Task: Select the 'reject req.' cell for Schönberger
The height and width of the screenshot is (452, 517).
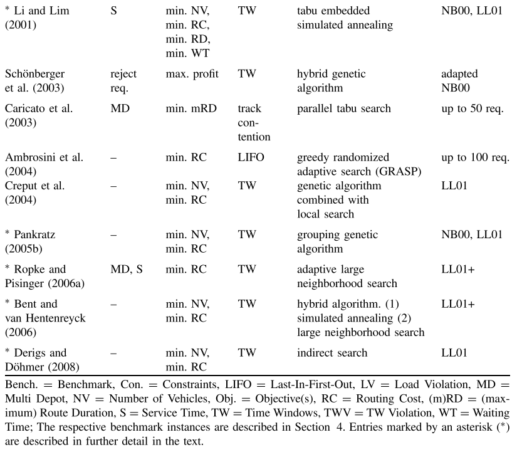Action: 123,81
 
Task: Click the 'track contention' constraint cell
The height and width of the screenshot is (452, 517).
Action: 254,122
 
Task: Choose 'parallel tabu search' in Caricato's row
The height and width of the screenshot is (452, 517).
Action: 343,108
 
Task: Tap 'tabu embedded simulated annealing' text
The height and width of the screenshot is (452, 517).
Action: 345,18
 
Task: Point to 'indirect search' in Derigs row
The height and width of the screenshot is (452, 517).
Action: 332,353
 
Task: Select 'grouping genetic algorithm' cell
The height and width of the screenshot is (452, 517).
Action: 337,241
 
